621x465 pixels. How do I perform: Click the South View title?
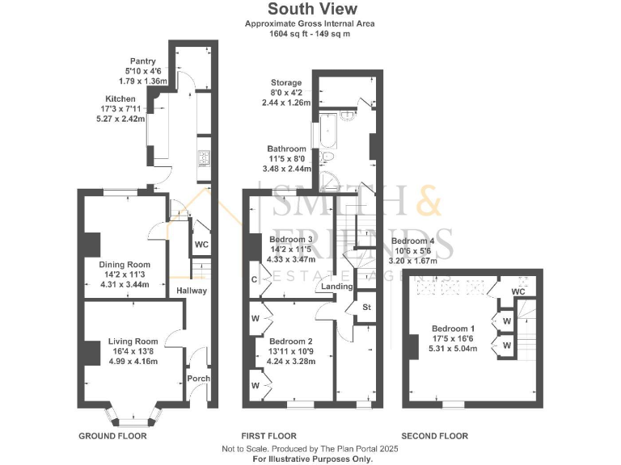(x=310, y=10)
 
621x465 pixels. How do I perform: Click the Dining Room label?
(x=125, y=265)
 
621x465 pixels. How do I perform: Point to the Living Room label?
(x=133, y=341)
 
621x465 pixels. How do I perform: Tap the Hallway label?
(x=192, y=291)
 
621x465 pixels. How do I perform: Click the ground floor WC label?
(x=201, y=245)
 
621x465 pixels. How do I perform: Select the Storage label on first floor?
(x=286, y=82)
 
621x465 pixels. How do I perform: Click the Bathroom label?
(x=287, y=149)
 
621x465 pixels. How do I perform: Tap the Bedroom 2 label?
(x=291, y=341)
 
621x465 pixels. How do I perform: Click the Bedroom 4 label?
(x=412, y=241)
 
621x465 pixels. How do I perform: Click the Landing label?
(x=336, y=287)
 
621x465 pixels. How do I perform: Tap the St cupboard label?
(x=365, y=307)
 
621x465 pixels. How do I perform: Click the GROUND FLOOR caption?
(x=112, y=436)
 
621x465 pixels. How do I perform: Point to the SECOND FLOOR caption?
(x=434, y=436)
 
